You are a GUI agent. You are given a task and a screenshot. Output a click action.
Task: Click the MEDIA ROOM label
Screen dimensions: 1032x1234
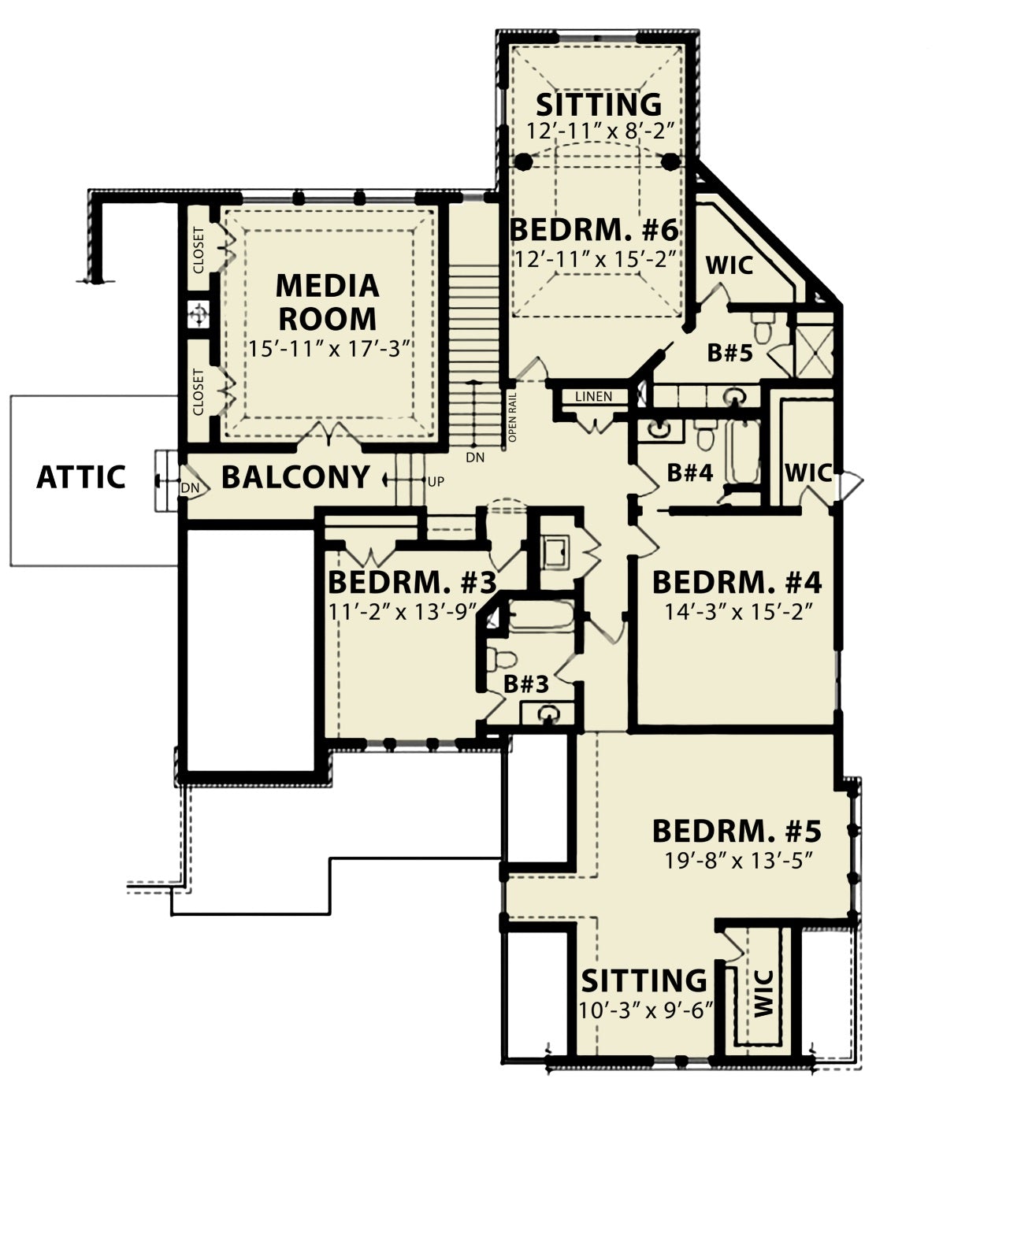327,302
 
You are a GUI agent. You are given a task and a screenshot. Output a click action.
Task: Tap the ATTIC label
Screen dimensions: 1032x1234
81,477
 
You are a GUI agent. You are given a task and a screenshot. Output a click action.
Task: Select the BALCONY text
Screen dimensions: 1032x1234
295,477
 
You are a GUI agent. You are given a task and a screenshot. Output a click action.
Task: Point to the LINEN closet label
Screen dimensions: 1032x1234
593,397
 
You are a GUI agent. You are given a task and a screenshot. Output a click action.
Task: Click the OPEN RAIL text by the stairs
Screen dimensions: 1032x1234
513,417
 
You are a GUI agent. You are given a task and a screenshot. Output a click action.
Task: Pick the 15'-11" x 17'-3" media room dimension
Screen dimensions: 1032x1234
329,349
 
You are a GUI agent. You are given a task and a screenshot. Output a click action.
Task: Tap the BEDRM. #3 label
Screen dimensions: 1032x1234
411,583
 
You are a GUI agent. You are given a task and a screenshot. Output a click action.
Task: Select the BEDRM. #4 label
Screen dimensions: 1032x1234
737,583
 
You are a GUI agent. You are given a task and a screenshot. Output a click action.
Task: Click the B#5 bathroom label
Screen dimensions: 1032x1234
729,353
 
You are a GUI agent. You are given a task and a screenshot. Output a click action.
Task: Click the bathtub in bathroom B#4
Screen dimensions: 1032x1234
743,452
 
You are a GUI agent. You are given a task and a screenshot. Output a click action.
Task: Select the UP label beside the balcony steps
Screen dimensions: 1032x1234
436,482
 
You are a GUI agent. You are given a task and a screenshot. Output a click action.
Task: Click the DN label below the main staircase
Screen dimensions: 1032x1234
476,457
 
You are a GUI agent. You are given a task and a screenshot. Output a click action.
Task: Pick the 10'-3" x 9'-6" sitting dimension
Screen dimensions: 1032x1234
644,1010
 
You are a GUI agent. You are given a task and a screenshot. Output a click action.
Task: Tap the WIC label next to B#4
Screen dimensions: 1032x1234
807,472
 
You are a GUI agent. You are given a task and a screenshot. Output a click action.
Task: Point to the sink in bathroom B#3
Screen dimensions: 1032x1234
548,713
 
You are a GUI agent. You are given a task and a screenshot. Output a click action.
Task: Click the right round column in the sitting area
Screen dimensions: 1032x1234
670,161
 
